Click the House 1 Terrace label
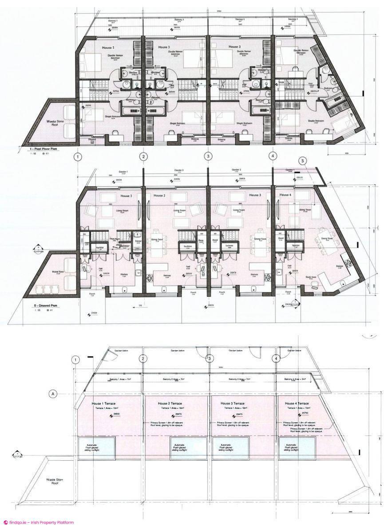(x=103, y=404)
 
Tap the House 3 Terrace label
(x=233, y=404)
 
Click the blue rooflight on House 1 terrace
(x=97, y=447)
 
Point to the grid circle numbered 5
(x=303, y=161)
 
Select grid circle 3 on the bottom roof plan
(x=210, y=359)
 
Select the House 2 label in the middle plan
(x=159, y=195)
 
